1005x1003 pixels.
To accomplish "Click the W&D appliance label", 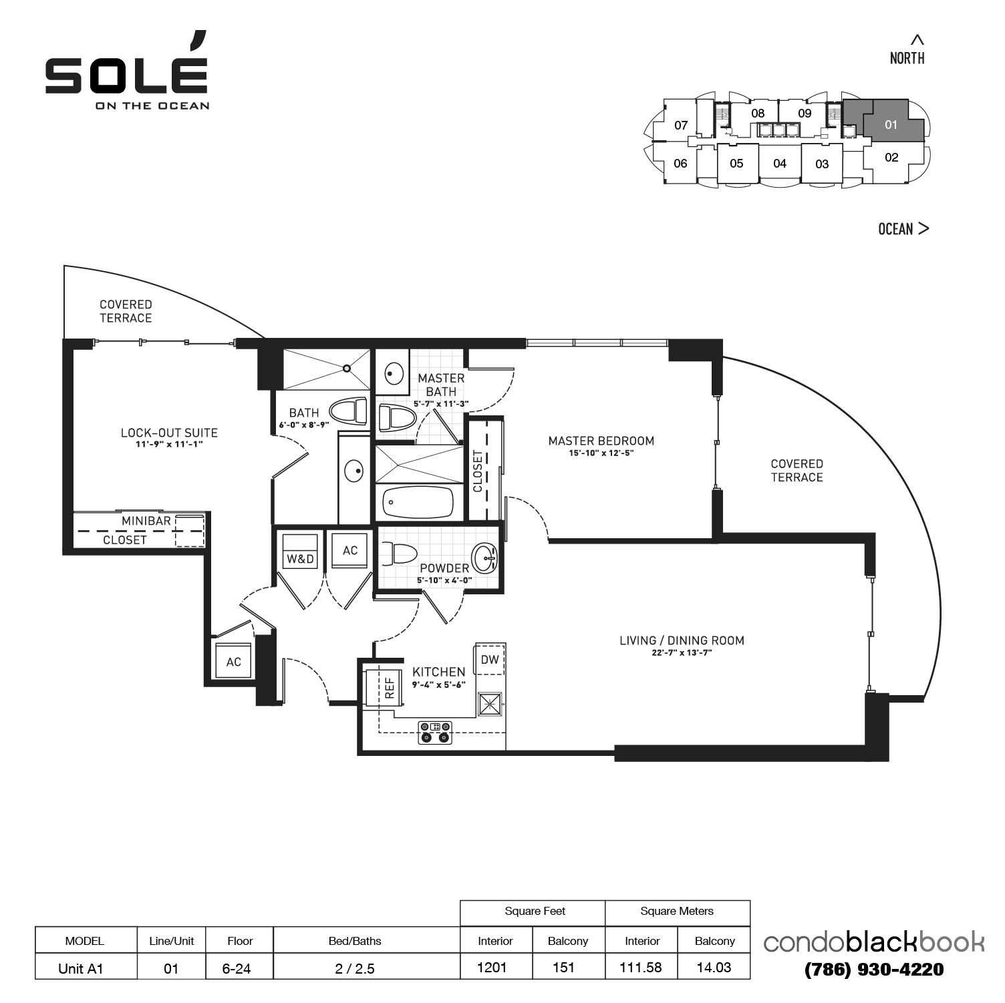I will pos(300,558).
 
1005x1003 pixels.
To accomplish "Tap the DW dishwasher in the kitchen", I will pos(490,660).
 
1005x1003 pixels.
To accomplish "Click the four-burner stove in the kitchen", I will pos(435,733).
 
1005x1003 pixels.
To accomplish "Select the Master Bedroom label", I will pos(601,441).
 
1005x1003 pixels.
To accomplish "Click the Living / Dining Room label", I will pos(682,641).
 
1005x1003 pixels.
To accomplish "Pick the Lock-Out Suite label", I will pos(169,433).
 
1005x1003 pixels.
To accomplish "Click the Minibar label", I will pos(146,521).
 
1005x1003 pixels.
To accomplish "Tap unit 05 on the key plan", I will pos(736,164).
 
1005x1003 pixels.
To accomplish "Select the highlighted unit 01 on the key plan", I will pos(891,124).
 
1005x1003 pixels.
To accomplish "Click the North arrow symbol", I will pos(918,39).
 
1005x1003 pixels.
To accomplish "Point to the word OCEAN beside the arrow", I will pos(895,229).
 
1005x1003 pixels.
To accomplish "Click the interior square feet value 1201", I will pos(492,968).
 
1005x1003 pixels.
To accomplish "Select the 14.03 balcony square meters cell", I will pos(714,968).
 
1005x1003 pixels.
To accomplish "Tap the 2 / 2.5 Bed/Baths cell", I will pos(355,968).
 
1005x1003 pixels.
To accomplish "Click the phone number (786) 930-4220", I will pos(874,970).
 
